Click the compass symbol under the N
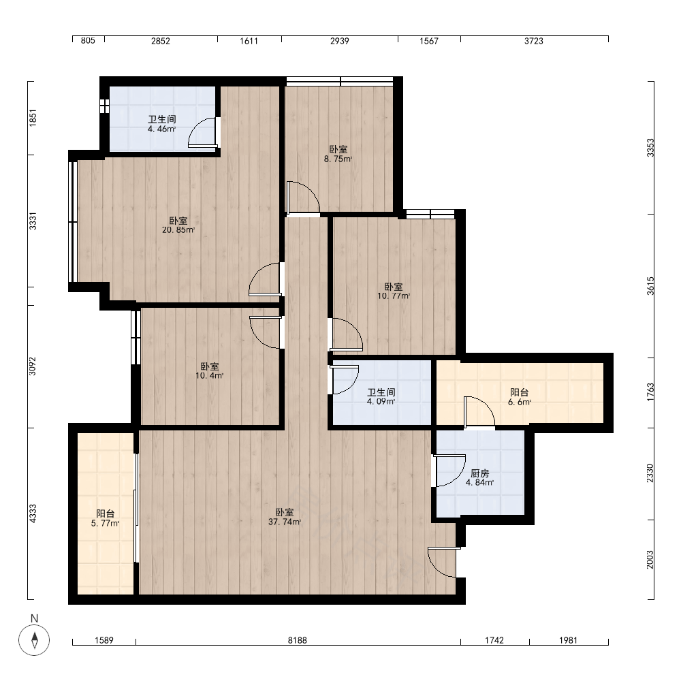34,640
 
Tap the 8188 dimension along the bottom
298,640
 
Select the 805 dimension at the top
88,40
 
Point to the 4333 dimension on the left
33,513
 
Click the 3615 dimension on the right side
650,286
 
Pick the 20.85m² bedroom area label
178,230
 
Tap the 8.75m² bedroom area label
338,159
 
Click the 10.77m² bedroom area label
394,296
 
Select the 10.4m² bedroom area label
209,376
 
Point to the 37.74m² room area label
285,522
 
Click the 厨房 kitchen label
479,473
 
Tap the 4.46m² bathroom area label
161,129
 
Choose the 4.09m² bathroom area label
381,402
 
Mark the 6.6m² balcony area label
520,402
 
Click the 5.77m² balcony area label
105,523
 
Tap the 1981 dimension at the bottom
568,640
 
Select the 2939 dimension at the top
340,41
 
